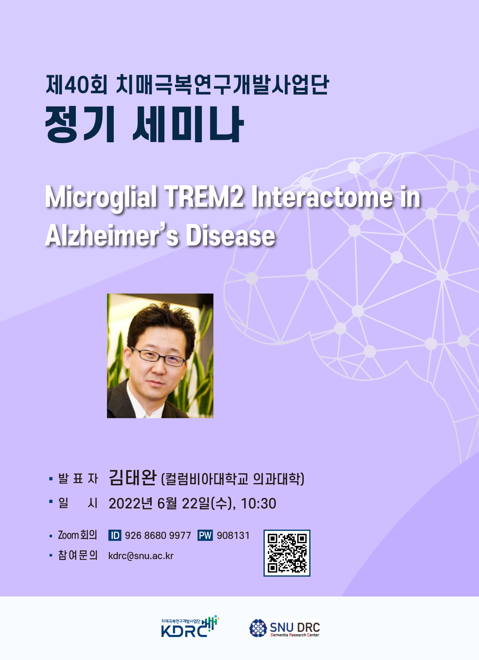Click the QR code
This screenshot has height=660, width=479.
[287, 553]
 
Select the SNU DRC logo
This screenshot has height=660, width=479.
[285, 628]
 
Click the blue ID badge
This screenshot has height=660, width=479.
[114, 535]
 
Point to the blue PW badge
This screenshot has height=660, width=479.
[205, 535]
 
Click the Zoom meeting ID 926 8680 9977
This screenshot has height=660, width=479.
[158, 536]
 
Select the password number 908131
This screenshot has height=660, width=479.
[233, 536]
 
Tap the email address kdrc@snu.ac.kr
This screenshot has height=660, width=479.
[141, 556]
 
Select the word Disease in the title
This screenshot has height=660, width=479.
[230, 236]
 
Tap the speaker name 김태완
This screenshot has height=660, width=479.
[133, 478]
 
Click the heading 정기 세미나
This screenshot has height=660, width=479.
[145, 124]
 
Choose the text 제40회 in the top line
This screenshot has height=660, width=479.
[77, 84]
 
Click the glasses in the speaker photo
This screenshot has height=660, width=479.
[158, 356]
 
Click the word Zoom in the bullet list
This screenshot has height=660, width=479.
[68, 535]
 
